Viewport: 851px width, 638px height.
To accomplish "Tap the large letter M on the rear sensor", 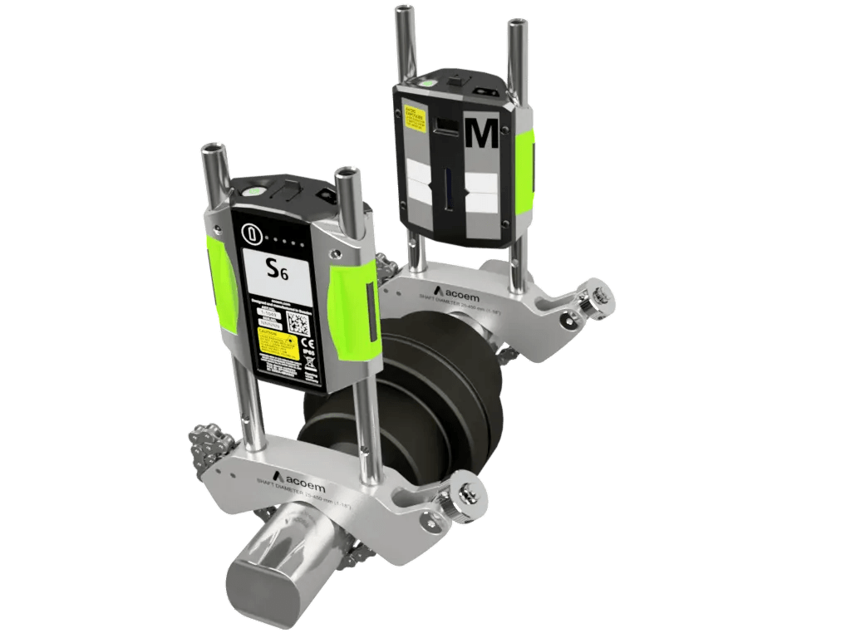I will click(483, 133).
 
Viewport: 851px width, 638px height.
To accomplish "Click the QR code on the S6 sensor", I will click(298, 325).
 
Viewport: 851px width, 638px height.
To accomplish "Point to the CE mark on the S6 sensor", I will click(306, 341).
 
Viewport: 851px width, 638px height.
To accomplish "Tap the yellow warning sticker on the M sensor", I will click(413, 115).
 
